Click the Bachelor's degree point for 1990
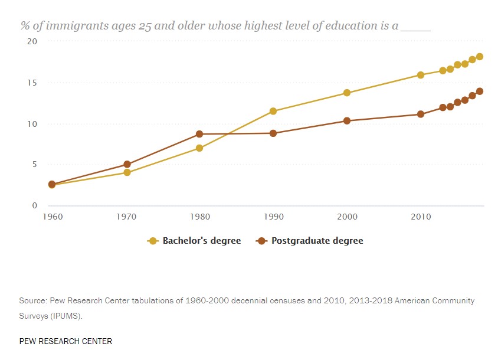(273, 111)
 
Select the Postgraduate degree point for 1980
(199, 134)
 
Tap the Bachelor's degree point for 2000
(347, 93)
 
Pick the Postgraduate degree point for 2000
(347, 121)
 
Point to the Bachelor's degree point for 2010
(421, 75)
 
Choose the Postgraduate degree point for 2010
(421, 114)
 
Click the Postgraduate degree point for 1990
(273, 133)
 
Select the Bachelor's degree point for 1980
(199, 148)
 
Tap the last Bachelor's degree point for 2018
(480, 57)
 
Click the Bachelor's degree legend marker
(153, 241)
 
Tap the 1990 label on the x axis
(273, 217)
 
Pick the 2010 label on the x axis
(421, 217)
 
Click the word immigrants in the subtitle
(74, 26)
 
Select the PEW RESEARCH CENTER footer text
(65, 342)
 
